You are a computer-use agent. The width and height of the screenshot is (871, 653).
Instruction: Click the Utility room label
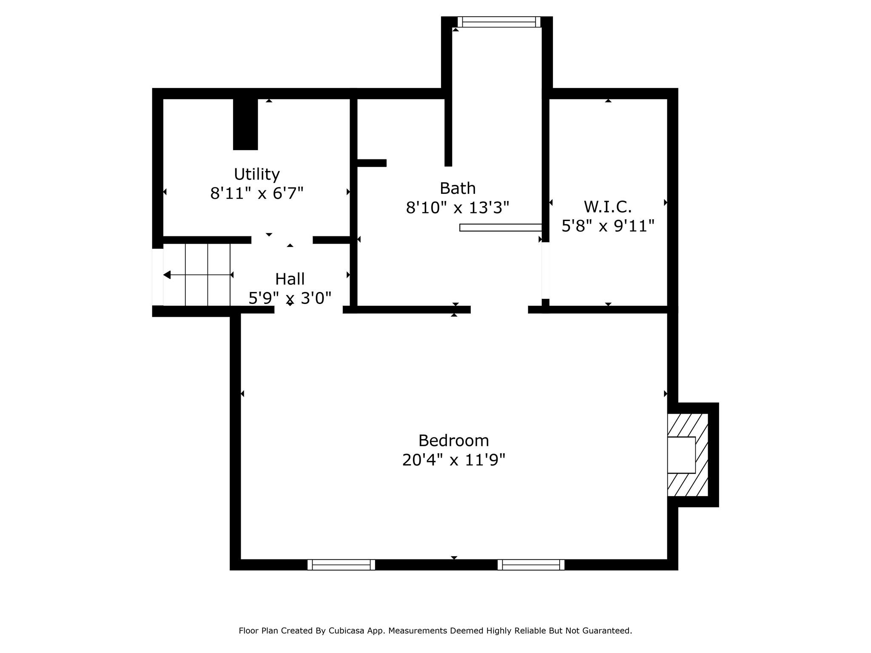tap(256, 174)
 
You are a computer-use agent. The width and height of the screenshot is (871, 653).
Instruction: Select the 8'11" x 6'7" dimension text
tap(256, 194)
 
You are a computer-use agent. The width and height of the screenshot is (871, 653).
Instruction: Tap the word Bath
tap(457, 188)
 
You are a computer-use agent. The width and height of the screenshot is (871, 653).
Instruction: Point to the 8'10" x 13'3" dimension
tap(457, 208)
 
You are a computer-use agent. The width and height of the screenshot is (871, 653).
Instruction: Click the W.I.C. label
tap(607, 207)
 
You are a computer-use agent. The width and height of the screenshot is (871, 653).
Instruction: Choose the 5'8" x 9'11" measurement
tap(607, 226)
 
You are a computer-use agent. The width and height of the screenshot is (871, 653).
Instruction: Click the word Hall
tap(290, 279)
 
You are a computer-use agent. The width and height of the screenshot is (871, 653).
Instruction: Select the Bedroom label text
tap(453, 440)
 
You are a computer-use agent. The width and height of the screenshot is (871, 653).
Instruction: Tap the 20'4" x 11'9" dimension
tap(453, 460)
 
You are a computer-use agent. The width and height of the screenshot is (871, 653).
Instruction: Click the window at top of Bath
tap(498, 22)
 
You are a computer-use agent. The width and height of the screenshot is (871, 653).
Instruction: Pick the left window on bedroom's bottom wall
tap(341, 565)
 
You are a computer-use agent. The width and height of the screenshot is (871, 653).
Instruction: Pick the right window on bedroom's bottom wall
tap(531, 565)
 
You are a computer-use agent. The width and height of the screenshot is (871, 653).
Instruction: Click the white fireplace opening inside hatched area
tap(681, 455)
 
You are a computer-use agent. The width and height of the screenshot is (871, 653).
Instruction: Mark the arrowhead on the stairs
tap(167, 275)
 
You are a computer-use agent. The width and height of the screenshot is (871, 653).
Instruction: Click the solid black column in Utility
tap(245, 124)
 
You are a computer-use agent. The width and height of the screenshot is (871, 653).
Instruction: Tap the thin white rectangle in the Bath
tap(500, 227)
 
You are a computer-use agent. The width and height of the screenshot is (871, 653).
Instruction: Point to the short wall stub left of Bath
tap(371, 163)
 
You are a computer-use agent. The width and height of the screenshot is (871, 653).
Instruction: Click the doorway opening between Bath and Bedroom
tap(499, 309)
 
